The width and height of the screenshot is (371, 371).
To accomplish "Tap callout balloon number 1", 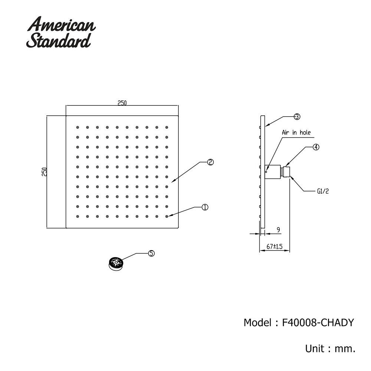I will point(205,207).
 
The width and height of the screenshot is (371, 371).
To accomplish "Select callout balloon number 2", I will point(210,162).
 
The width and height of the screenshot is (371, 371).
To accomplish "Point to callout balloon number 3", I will point(297,116).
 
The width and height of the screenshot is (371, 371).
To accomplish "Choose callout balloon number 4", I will point(315,147).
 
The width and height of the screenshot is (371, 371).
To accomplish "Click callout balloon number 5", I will point(151,253).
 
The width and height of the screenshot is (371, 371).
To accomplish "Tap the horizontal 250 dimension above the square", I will point(122,103).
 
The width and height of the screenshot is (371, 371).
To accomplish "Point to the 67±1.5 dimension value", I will point(275,246).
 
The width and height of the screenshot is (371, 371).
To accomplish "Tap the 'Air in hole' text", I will point(296,132).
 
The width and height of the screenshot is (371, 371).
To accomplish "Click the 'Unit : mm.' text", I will point(331,349).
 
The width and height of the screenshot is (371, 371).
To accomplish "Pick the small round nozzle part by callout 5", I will point(116,264).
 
